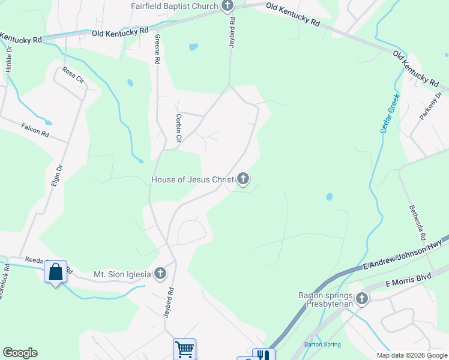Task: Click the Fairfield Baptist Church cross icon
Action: click(227, 7)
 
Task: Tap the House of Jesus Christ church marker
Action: click(243, 178)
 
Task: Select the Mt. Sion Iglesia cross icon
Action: click(160, 274)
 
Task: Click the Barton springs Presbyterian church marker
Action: click(361, 298)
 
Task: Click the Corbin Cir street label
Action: click(178, 128)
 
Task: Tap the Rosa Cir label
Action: click(73, 75)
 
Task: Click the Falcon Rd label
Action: click(34, 130)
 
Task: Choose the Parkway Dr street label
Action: click(430, 106)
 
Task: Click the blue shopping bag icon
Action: click(55, 272)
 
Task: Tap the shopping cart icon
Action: click(184, 349)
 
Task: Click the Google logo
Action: click(20, 353)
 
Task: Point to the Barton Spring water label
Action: click(322, 344)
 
